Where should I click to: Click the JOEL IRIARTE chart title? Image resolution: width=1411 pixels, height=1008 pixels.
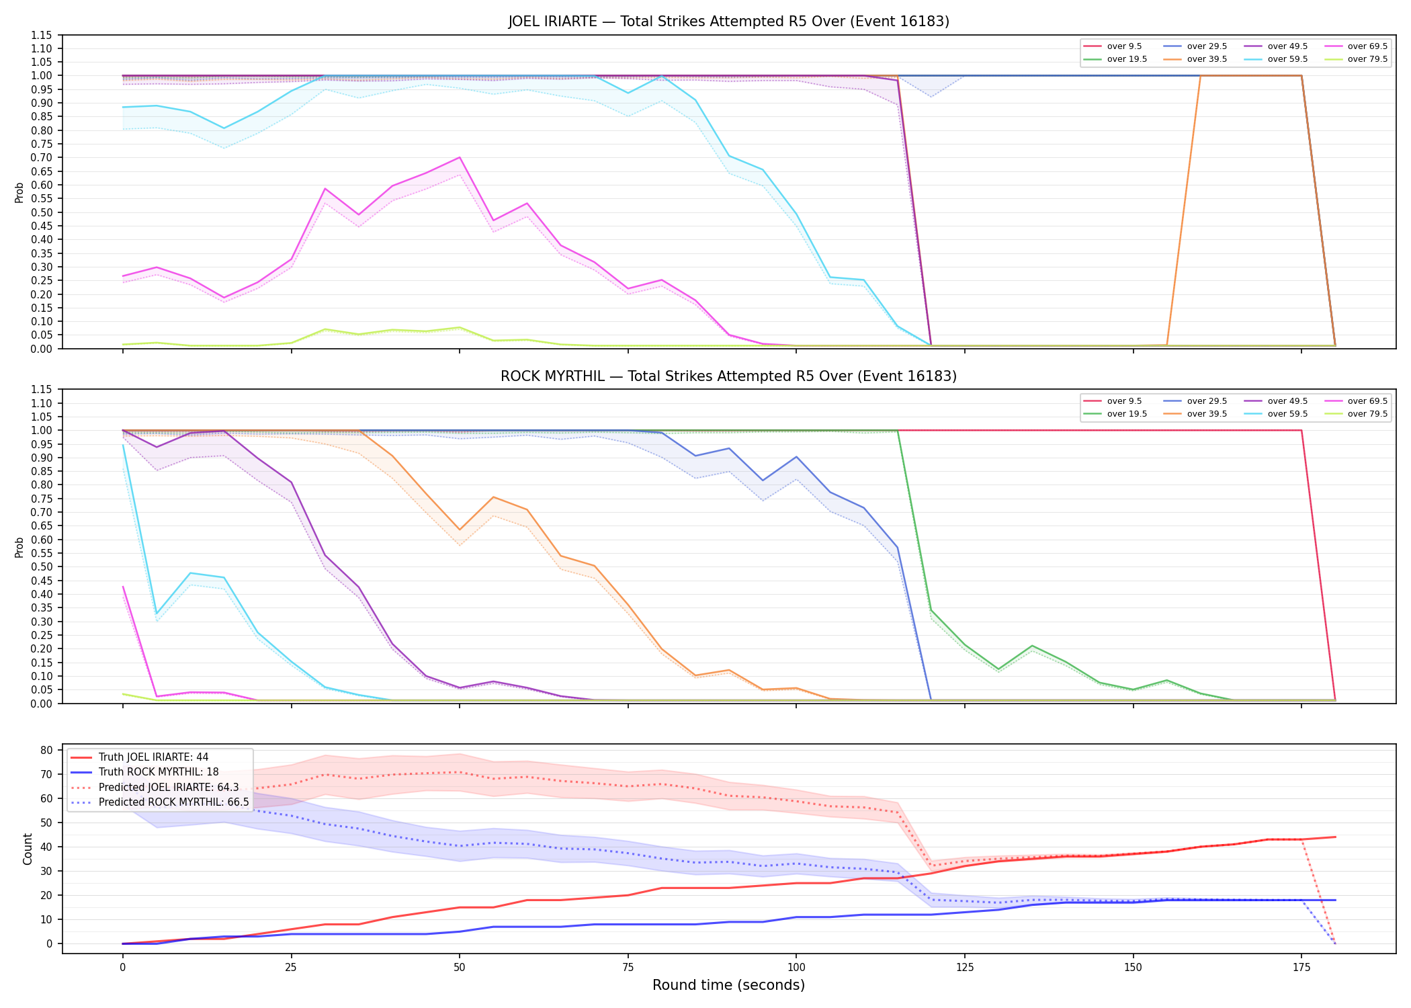[728, 22]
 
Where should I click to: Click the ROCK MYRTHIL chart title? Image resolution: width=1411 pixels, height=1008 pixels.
[728, 376]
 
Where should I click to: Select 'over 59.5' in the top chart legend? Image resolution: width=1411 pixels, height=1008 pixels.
[1287, 59]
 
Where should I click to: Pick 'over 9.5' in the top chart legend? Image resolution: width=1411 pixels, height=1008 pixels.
[1124, 46]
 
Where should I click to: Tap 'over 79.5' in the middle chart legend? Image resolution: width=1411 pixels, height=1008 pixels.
[1367, 414]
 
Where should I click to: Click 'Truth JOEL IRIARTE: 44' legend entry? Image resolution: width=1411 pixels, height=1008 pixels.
[153, 757]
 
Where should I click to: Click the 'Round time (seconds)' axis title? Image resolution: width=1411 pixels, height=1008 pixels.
[728, 985]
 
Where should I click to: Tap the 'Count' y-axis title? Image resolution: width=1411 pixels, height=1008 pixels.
[28, 849]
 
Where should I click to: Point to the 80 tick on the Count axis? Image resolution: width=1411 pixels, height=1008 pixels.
[47, 750]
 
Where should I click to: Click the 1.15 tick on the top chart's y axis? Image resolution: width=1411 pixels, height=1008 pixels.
[43, 35]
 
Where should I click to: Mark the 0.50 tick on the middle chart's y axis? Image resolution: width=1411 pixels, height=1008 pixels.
[43, 566]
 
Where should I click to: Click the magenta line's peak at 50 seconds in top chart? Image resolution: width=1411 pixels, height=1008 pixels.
[459, 157]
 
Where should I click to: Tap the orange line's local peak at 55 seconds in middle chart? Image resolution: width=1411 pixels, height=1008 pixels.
[493, 497]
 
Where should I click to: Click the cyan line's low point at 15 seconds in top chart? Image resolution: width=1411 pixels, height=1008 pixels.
[224, 128]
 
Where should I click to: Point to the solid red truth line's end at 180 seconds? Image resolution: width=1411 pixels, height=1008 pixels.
[1335, 837]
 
